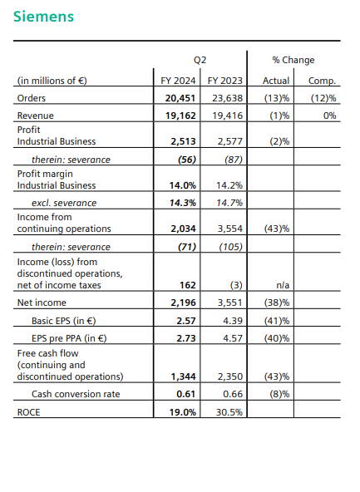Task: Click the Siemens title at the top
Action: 43,17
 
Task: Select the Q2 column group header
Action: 200,60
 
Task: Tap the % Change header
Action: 293,60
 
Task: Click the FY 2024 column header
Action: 178,81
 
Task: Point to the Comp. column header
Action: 322,81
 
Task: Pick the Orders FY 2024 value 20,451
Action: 180,98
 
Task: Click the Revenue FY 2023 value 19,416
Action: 227,116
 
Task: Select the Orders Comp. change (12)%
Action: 323,98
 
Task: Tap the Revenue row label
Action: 36,116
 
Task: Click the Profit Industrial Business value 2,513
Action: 183,141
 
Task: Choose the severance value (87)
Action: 234,160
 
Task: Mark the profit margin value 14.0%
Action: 183,185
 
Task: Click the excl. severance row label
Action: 64,203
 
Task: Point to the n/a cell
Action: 283,285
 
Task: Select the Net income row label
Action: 42,303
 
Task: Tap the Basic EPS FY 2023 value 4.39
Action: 233,321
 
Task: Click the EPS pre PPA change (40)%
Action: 277,338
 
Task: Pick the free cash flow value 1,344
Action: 183,376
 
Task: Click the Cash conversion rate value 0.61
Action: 185,394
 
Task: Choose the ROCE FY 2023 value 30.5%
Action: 229,412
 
